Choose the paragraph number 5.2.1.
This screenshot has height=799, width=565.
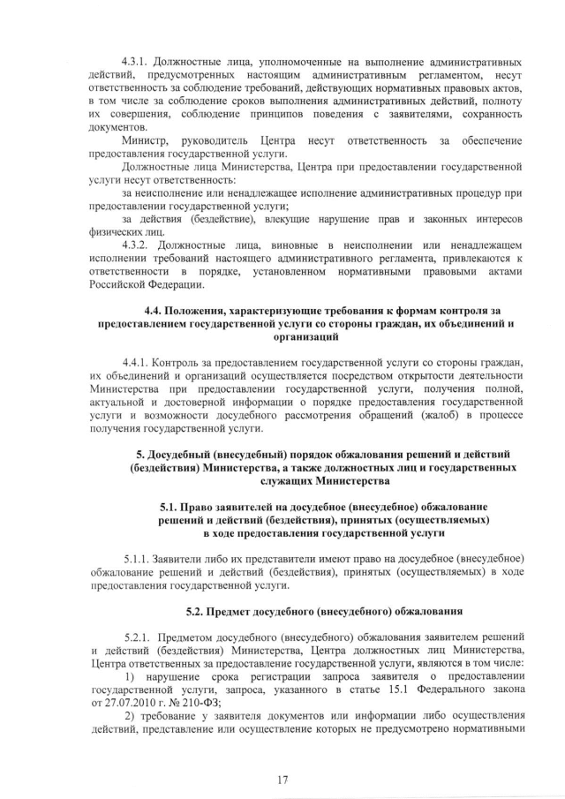(139, 636)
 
